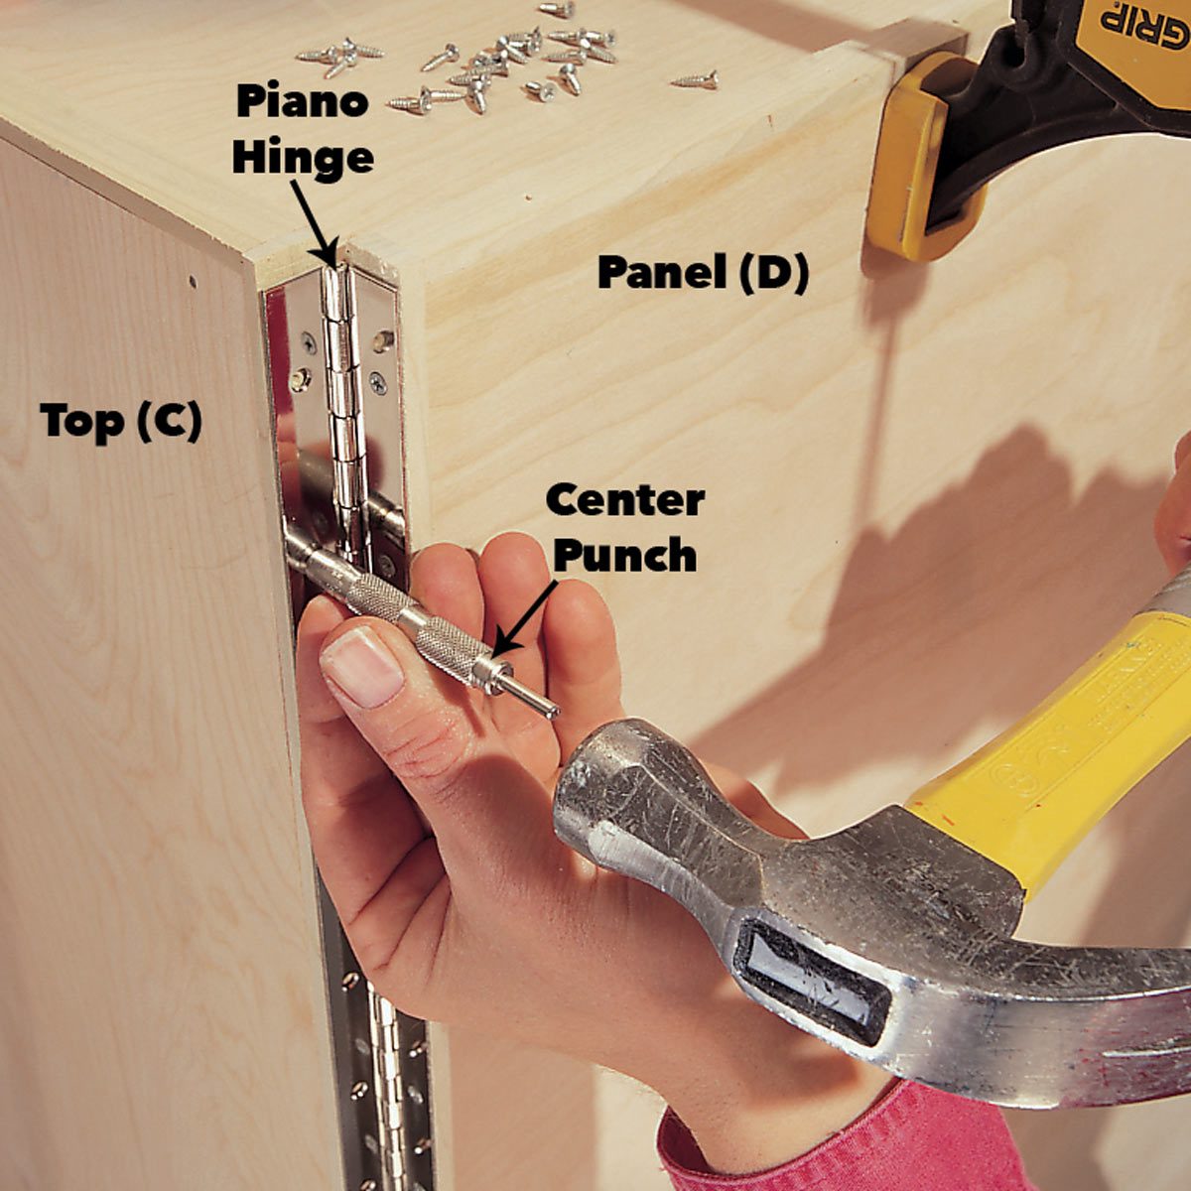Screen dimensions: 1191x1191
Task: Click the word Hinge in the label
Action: point(303,159)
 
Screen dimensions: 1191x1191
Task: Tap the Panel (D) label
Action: point(703,273)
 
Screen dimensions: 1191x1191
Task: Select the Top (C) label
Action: point(121,421)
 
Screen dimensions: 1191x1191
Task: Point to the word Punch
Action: point(624,557)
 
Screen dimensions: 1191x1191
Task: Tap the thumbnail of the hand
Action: point(361,666)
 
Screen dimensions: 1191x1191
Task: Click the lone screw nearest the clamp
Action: point(694,79)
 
